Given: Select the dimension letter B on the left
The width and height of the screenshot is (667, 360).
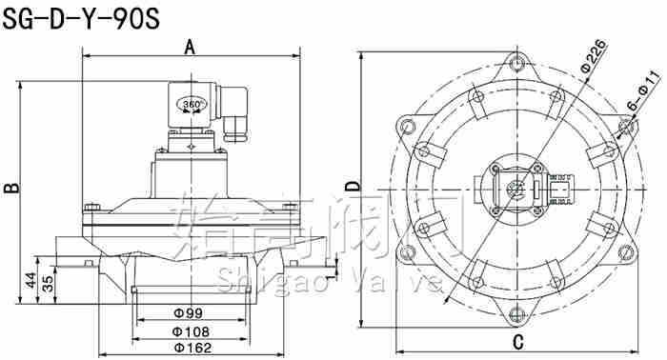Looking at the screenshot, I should click(11, 188).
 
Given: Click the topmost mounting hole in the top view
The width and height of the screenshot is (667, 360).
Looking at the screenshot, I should click(516, 66).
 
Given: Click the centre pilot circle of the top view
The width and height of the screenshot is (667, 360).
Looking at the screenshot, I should click(516, 188).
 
